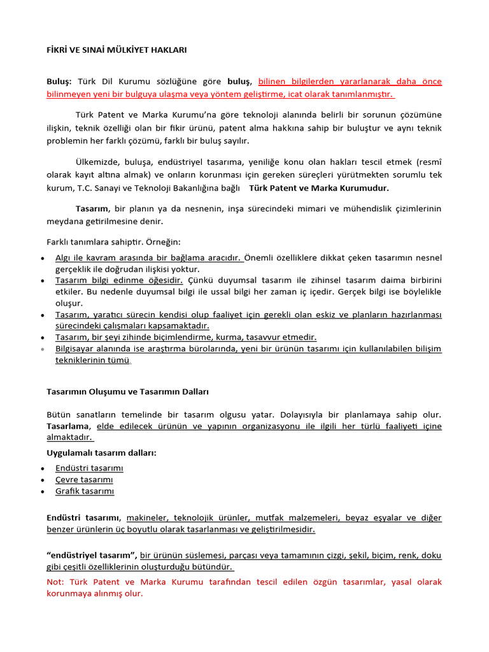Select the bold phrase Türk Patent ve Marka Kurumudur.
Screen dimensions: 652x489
(x=318, y=188)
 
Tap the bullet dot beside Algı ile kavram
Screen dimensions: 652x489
(x=42, y=259)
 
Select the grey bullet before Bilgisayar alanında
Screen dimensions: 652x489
(x=42, y=350)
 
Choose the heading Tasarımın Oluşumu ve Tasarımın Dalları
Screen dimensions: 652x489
(x=127, y=392)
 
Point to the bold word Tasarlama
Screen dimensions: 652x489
(x=69, y=425)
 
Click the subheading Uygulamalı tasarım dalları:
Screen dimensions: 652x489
(x=101, y=453)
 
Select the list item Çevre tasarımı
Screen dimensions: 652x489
(x=84, y=479)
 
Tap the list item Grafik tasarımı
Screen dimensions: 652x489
(x=85, y=491)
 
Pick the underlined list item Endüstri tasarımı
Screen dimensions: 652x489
(x=89, y=468)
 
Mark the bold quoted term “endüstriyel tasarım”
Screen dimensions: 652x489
(x=92, y=555)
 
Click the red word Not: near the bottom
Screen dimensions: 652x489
(x=56, y=582)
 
